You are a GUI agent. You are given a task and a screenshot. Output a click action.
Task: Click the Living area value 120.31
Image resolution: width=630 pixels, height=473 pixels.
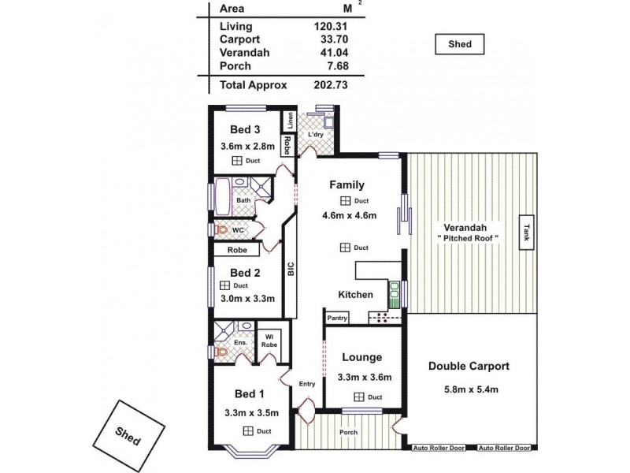(331, 26)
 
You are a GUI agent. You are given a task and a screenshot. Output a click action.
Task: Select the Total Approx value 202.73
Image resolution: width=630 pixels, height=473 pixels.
(331, 84)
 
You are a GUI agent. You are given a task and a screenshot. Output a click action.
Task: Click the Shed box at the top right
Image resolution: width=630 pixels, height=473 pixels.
(460, 45)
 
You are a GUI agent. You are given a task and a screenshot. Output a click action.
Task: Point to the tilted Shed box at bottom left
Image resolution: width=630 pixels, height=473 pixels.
(128, 434)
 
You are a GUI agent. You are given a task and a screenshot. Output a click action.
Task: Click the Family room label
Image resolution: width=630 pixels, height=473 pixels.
(346, 185)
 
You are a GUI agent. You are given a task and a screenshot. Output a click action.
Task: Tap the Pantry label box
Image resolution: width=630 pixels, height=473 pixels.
(337, 318)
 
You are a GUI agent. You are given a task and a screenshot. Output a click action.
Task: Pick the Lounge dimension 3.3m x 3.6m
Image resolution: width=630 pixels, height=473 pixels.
(363, 378)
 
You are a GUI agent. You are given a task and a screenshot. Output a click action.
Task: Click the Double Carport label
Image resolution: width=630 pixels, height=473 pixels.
(469, 366)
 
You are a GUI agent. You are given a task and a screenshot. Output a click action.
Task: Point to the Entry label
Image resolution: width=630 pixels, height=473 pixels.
(308, 384)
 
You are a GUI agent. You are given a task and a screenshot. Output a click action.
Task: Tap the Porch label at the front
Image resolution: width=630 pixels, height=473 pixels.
(348, 432)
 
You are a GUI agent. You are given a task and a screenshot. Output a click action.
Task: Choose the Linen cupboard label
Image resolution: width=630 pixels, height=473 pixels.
(290, 121)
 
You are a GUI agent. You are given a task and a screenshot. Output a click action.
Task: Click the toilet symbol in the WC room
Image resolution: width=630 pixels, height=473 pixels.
(222, 230)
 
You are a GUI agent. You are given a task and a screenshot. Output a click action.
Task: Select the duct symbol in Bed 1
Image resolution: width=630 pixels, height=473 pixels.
(248, 430)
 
